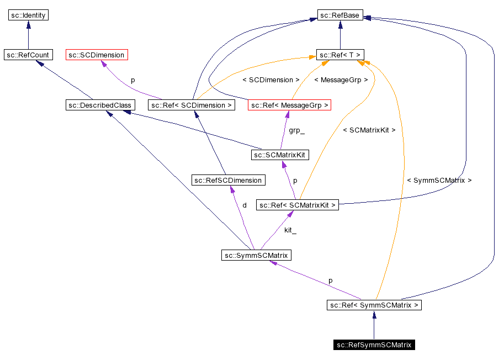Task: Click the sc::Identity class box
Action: [28, 15]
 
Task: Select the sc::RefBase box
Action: [340, 15]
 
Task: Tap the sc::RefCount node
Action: [28, 55]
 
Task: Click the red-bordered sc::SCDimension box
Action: [97, 55]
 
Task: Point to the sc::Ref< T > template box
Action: [340, 55]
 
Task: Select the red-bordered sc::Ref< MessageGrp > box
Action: [289, 105]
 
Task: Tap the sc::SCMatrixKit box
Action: [280, 155]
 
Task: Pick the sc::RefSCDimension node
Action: [228, 180]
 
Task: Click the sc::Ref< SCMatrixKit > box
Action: [297, 205]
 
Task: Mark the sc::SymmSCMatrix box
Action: [256, 255]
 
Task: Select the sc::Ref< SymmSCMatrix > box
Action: [374, 305]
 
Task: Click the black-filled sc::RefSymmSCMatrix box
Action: [374, 345]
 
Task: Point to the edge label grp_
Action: [296, 131]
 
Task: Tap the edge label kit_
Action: [290, 230]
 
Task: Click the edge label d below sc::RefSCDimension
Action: [245, 205]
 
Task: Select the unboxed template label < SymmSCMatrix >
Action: [439, 181]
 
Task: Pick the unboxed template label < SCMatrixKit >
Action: [369, 130]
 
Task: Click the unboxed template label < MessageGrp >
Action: [341, 80]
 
